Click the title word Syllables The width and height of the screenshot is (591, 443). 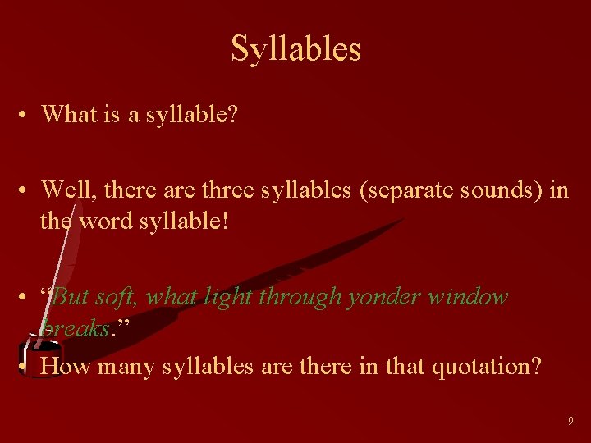click(x=295, y=48)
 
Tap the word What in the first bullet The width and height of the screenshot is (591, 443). click(x=66, y=114)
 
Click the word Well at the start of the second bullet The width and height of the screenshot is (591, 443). click(x=63, y=190)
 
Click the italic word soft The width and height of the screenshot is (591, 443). click(x=117, y=296)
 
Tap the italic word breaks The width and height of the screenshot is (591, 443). click(x=75, y=328)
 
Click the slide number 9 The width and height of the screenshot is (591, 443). click(x=570, y=421)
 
